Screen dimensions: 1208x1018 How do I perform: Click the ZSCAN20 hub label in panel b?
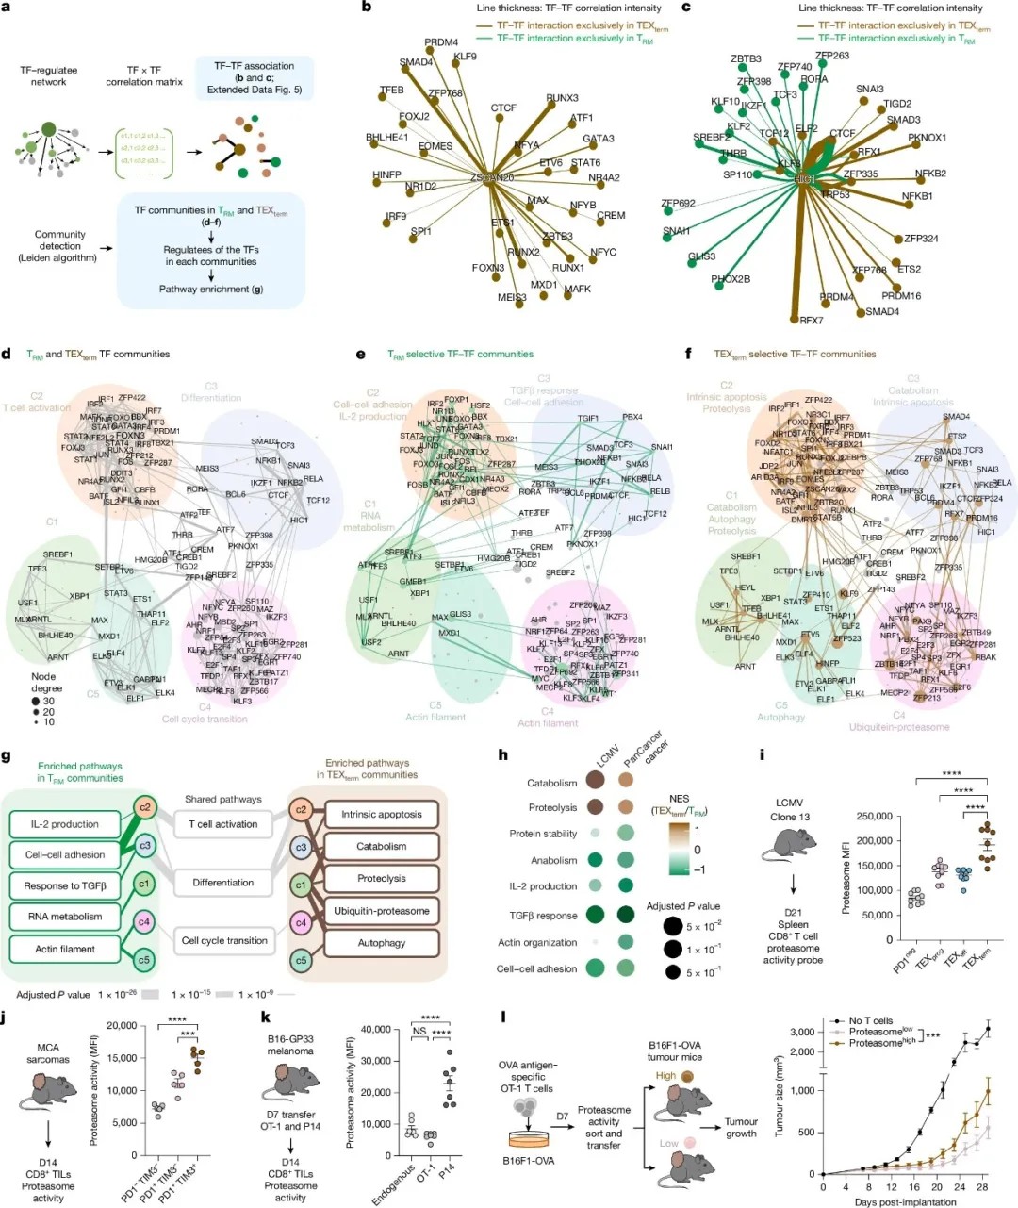[492, 177]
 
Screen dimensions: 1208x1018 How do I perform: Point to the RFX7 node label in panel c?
[812, 321]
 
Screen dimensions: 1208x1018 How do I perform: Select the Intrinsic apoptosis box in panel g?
[381, 814]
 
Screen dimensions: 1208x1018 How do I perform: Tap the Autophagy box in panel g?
[381, 942]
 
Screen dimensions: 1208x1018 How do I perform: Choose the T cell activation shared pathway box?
[223, 823]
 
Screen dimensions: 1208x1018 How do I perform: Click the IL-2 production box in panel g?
[64, 823]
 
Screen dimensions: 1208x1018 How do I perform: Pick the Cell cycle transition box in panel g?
[224, 940]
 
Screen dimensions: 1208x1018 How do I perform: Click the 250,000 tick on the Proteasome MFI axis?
[872, 817]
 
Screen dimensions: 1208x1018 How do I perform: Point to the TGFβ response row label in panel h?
[543, 915]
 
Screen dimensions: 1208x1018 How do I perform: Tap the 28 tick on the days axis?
[982, 1186]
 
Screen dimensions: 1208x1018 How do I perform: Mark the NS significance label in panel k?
[420, 1032]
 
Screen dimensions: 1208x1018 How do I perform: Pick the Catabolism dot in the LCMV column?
[596, 780]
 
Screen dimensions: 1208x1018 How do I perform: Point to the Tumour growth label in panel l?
[741, 1128]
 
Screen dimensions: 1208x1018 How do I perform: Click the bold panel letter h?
[502, 755]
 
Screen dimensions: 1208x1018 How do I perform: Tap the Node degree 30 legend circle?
[36, 701]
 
